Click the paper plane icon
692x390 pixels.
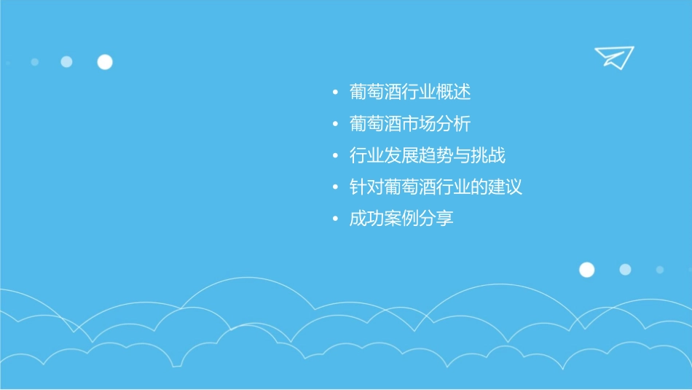[x=613, y=57]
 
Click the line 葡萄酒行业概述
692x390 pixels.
[x=410, y=93]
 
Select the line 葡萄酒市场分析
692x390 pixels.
[x=410, y=124]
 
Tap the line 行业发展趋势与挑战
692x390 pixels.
[x=428, y=155]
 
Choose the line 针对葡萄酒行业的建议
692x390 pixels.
[x=436, y=187]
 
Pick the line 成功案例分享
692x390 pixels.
[x=401, y=218]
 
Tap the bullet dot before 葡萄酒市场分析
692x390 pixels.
[x=334, y=125]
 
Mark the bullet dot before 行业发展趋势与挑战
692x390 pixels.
[x=334, y=156]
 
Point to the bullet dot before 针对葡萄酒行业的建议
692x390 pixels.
[x=334, y=187]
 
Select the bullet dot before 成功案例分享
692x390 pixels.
[x=334, y=219]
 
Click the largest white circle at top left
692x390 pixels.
[x=105, y=62]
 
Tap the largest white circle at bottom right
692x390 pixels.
[x=586, y=270]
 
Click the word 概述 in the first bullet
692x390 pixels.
[x=454, y=93]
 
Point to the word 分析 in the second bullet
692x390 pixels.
[x=454, y=124]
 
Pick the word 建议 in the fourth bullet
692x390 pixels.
[x=506, y=187]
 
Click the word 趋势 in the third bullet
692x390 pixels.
[x=436, y=155]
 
